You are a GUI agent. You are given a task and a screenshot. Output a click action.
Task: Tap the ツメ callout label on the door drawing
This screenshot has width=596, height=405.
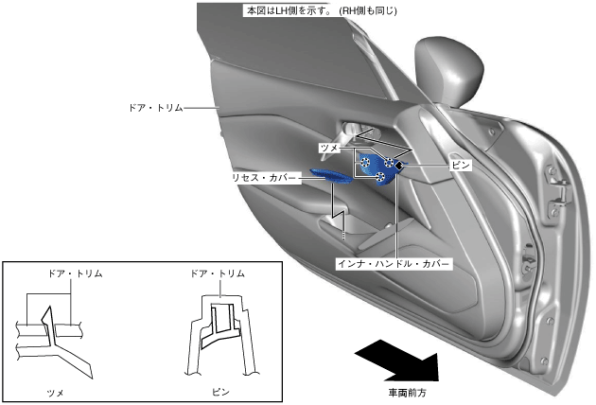329,149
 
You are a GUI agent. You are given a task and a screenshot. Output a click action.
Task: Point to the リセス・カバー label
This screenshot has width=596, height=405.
266,177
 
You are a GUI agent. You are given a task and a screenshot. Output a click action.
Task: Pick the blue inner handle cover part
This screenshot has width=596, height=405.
377,167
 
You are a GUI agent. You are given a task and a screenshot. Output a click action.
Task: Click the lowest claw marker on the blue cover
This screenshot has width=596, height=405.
380,177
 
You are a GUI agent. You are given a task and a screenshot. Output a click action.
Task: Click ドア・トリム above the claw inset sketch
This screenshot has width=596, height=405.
75,273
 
